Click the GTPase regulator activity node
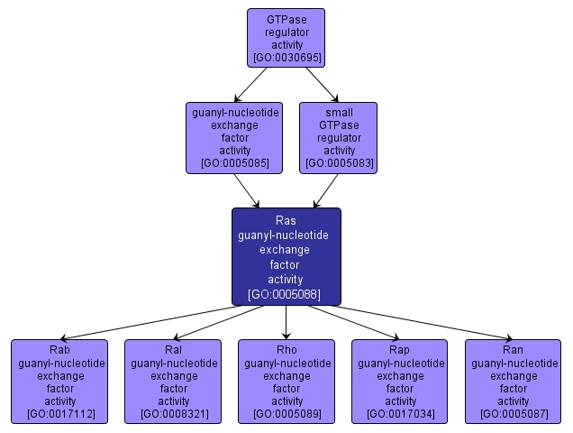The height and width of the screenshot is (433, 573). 286,38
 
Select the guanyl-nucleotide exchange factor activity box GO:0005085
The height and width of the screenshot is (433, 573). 234,137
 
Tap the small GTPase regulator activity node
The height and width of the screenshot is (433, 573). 339,137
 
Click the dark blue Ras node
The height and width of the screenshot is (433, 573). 286,256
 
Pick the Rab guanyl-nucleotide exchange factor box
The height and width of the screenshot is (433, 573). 59,381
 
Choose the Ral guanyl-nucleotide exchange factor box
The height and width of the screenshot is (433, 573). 172,381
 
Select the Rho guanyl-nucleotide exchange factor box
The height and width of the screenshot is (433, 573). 286,381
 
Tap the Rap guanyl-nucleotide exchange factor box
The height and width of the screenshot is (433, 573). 399,381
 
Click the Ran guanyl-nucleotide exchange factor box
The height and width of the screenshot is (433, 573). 513,381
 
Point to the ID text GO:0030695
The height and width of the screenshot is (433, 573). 286,58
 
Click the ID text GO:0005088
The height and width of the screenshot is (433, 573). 286,294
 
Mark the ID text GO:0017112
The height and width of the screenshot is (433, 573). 59,414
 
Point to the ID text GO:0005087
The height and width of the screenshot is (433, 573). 513,414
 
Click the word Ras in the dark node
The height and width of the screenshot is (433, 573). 286,220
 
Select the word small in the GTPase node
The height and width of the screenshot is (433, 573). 339,113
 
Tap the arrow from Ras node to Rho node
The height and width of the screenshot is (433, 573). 286,322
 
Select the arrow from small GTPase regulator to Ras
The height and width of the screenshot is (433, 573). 324,191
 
